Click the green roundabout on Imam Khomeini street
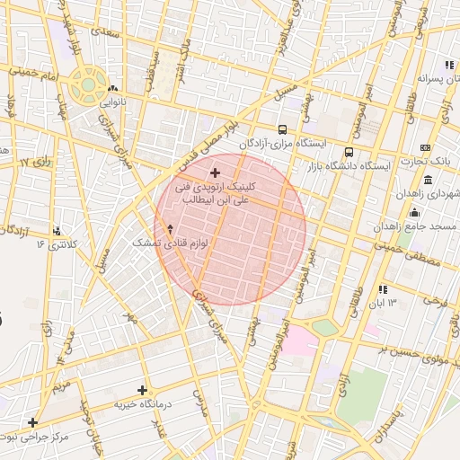[89, 86]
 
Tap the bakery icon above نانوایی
[112, 89]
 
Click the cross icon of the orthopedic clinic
[215, 172]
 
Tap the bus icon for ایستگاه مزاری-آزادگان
[283, 129]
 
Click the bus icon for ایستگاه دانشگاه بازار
[349, 153]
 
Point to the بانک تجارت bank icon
[425, 147]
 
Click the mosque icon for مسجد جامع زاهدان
[414, 212]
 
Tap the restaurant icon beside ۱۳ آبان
[384, 289]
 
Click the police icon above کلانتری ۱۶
[58, 231]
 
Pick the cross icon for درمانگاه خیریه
[142, 390]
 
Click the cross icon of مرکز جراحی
[32, 422]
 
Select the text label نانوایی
[111, 102]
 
